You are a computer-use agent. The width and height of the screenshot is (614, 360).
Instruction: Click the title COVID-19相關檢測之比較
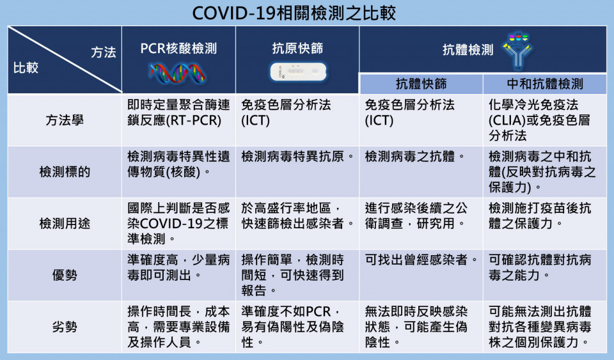pyautogui.click(x=294, y=13)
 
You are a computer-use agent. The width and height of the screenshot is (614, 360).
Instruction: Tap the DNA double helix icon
pyautogui.click(x=178, y=74)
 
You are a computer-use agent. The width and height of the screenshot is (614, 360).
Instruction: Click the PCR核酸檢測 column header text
pyautogui.click(x=178, y=49)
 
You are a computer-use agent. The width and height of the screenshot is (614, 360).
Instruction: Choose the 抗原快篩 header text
pyautogui.click(x=297, y=48)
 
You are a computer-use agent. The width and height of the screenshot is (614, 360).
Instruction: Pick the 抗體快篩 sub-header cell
pyautogui.click(x=421, y=84)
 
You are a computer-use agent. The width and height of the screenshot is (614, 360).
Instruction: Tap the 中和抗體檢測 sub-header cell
pyautogui.click(x=545, y=84)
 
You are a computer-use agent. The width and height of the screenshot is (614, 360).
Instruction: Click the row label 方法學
pyautogui.click(x=65, y=120)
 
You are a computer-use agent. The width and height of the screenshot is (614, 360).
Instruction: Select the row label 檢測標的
pyautogui.click(x=65, y=172)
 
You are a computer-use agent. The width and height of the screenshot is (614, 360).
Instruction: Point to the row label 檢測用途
pyautogui.click(x=65, y=223)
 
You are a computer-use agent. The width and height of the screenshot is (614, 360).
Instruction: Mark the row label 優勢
pyautogui.click(x=65, y=275)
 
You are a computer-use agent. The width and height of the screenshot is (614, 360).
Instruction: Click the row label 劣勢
pyautogui.click(x=65, y=327)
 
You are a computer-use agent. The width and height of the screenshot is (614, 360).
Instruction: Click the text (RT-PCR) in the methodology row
pyautogui.click(x=194, y=120)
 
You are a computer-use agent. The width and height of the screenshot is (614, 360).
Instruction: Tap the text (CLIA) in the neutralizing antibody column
pyautogui.click(x=507, y=120)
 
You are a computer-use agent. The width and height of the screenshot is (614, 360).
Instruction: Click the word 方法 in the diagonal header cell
pyautogui.click(x=104, y=52)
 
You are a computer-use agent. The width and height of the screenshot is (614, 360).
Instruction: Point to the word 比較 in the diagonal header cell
pyautogui.click(x=26, y=68)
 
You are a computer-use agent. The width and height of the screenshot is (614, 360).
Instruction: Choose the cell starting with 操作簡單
pyautogui.click(x=292, y=275)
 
